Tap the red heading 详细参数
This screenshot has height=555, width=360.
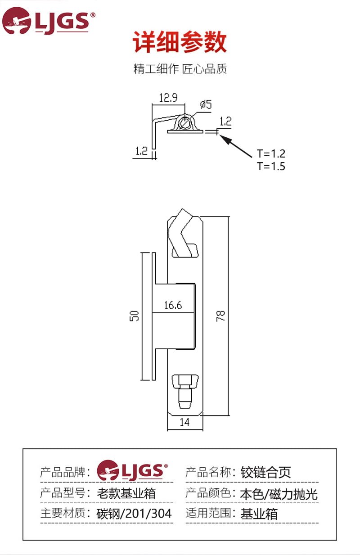[x=180, y=43]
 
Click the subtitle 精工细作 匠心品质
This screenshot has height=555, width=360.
[x=180, y=69]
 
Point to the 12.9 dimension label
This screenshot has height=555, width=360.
[x=168, y=98]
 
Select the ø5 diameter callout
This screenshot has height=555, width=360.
[x=205, y=104]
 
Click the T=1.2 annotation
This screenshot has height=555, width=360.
[x=271, y=153]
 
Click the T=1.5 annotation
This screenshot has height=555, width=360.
[x=271, y=166]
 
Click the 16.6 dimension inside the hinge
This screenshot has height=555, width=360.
[x=173, y=306]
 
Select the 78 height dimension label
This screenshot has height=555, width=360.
[x=220, y=316]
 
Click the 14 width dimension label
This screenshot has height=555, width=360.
[x=184, y=422]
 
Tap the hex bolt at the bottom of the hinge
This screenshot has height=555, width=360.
[x=185, y=389]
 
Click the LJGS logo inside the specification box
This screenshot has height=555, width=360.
[x=133, y=470]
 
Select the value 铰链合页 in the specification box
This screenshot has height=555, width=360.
[x=266, y=472]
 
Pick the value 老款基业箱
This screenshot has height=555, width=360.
[x=126, y=493]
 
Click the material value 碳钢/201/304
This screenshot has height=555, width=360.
[x=134, y=514]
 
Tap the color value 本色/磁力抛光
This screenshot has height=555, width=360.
[x=279, y=494]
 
